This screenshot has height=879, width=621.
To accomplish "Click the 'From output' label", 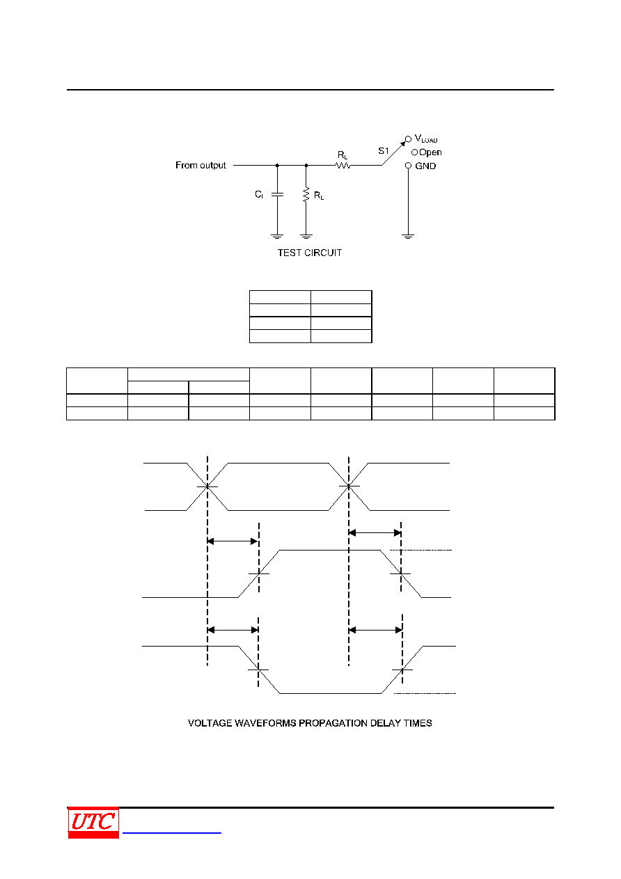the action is (201, 165).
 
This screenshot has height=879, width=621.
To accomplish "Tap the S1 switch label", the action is (383, 151).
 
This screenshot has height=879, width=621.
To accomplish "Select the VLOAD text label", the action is (426, 138).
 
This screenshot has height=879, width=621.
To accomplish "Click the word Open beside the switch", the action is (430, 152).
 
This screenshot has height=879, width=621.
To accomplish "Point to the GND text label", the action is (425, 166).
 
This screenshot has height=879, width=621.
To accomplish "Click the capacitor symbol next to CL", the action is (277, 194).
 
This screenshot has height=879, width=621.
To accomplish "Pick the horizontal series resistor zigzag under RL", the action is (343, 166).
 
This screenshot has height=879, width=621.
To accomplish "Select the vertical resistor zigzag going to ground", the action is (306, 195).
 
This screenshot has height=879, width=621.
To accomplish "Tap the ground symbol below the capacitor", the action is (277, 236).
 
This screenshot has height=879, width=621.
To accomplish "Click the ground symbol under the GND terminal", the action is (408, 236).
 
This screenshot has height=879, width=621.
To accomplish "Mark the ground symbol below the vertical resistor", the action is (306, 236).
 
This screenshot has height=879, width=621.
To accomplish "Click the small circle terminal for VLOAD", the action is (408, 139).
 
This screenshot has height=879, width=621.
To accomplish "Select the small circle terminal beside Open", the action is (414, 152).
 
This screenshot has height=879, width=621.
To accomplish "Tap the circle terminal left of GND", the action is (408, 166).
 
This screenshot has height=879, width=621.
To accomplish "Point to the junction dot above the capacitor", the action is (277, 166).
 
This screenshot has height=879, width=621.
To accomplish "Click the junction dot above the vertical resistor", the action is (306, 166).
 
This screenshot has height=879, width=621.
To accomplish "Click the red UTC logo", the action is (93, 823).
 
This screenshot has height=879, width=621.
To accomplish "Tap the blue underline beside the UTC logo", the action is (172, 832).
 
